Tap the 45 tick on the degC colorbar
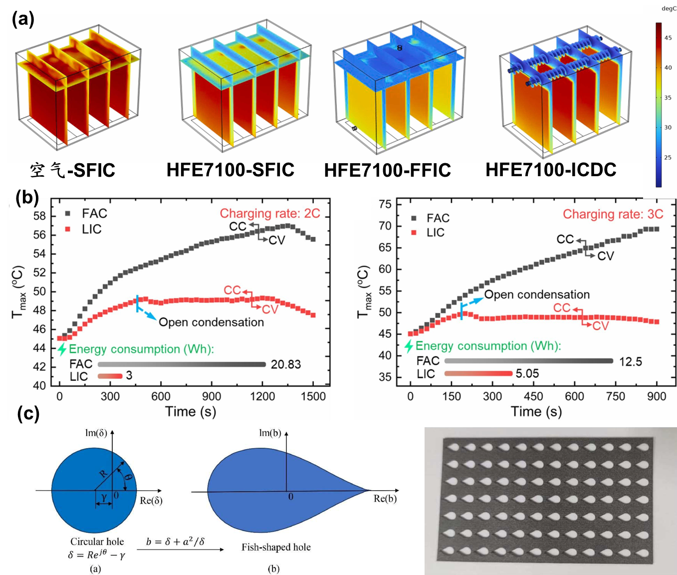point(668,38)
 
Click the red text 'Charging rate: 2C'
point(269,214)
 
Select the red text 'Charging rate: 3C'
point(613,214)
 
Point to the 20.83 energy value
point(286,364)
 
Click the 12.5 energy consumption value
point(630,361)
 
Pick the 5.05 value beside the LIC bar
point(527,373)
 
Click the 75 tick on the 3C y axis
point(385,204)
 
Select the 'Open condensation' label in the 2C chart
point(211,322)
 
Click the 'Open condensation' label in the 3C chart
point(537,294)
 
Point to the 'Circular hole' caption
point(97,542)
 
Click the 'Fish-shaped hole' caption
point(276,547)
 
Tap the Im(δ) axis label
point(96,433)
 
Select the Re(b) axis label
point(385,499)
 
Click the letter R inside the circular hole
point(103,473)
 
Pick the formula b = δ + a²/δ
point(175,542)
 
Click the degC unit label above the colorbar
point(669,9)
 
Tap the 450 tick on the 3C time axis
point(533,396)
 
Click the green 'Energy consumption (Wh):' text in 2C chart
point(141,349)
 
